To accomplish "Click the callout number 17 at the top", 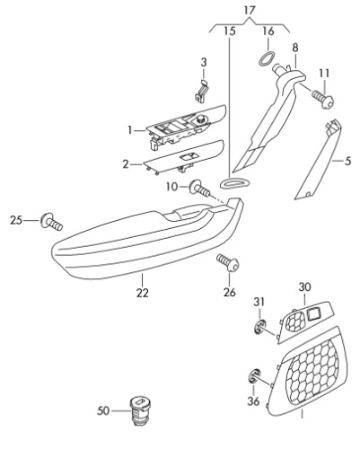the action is click(x=249, y=11).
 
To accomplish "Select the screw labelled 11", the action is click(x=323, y=100).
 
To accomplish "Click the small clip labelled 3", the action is click(x=202, y=91).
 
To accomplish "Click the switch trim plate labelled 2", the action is click(x=184, y=157).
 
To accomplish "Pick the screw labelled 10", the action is click(x=199, y=189).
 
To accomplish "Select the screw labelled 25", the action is click(x=51, y=222).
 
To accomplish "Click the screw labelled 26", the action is click(x=228, y=262).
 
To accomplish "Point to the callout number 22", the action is click(x=142, y=293).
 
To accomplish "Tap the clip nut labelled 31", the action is click(x=259, y=327).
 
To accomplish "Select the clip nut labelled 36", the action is click(x=254, y=376).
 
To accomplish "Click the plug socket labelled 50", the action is click(x=140, y=409).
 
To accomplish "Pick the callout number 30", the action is click(x=304, y=286).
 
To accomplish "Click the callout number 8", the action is click(x=295, y=48).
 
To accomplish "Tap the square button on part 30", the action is click(x=313, y=314).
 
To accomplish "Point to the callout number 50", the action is click(x=103, y=410).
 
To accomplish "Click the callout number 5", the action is click(x=347, y=161).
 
